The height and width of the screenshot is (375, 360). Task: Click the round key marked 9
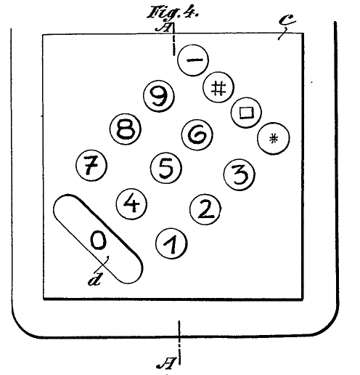click(x=159, y=96)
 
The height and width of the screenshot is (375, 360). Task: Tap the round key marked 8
click(x=126, y=129)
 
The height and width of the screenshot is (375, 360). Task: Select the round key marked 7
click(x=91, y=165)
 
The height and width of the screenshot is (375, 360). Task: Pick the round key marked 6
click(x=197, y=134)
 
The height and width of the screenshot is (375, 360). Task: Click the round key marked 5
click(x=165, y=168)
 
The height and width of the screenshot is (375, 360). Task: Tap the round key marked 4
click(x=131, y=203)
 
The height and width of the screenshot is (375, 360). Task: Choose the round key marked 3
click(x=239, y=174)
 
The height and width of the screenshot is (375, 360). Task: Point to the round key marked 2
click(x=205, y=209)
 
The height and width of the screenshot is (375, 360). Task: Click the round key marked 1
click(x=171, y=243)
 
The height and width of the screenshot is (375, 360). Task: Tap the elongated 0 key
click(x=98, y=239)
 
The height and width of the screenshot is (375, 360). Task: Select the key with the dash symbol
click(x=193, y=60)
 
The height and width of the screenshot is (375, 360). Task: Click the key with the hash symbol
click(x=218, y=87)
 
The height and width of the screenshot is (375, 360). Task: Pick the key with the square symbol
click(x=246, y=113)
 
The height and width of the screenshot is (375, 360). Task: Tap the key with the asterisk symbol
click(x=273, y=139)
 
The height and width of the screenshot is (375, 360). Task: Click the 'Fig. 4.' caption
click(x=173, y=12)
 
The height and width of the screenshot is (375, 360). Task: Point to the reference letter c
click(x=287, y=20)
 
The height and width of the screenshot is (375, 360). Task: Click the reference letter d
click(x=94, y=280)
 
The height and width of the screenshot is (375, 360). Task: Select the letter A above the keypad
click(x=163, y=28)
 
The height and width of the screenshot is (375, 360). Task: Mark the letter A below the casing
click(x=166, y=363)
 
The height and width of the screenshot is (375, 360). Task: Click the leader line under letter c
click(x=282, y=34)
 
